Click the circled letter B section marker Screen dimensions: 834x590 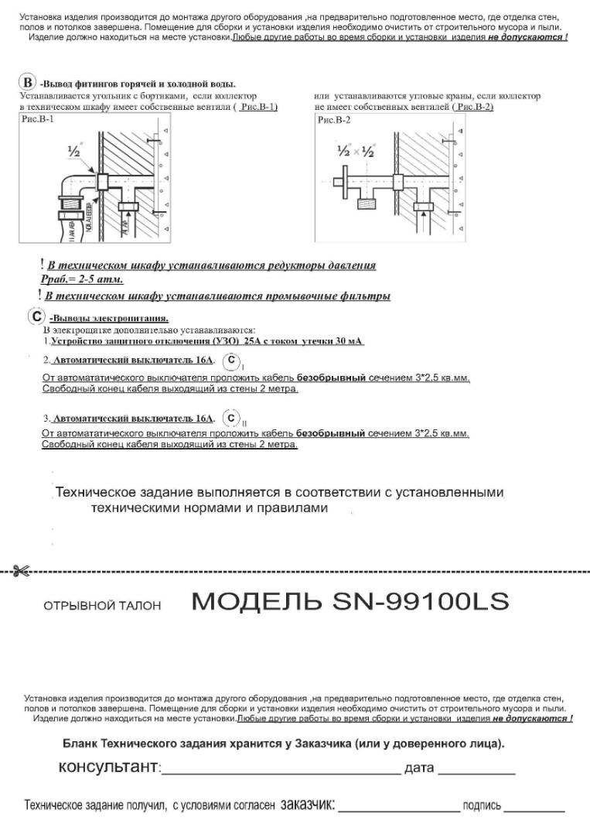pyautogui.click(x=28, y=83)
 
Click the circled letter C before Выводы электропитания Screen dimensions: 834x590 pyautogui.click(x=36, y=316)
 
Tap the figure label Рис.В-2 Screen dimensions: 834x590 pyautogui.click(x=334, y=120)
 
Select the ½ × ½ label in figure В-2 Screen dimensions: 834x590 pyautogui.click(x=355, y=152)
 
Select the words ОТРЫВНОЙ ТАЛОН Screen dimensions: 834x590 pyautogui.click(x=102, y=606)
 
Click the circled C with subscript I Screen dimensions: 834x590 pyautogui.click(x=231, y=361)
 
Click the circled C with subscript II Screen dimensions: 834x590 pyautogui.click(x=231, y=419)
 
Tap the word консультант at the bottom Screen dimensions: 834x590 pyautogui.click(x=108, y=768)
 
